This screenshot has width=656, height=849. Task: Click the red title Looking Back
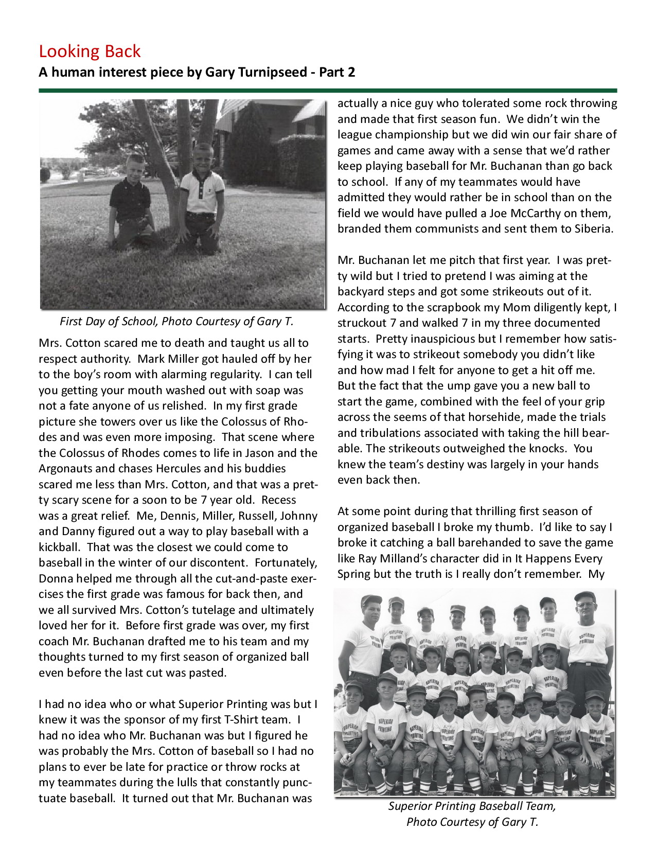90,51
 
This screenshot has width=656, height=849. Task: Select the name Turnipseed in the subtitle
273,72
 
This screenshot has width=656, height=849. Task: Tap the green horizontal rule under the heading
328,91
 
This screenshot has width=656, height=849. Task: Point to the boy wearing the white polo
202,198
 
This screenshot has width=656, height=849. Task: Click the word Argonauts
66,469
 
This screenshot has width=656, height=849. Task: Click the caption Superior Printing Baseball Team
472,806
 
